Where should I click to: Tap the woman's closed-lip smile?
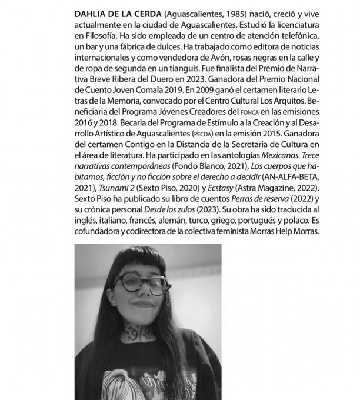[x=142, y=304]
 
